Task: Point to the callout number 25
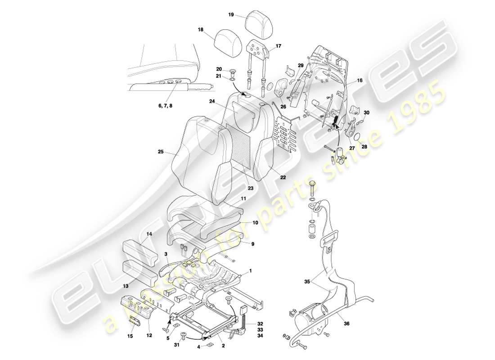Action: (x=161, y=152)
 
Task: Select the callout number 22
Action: (x=283, y=177)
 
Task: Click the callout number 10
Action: (x=254, y=222)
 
